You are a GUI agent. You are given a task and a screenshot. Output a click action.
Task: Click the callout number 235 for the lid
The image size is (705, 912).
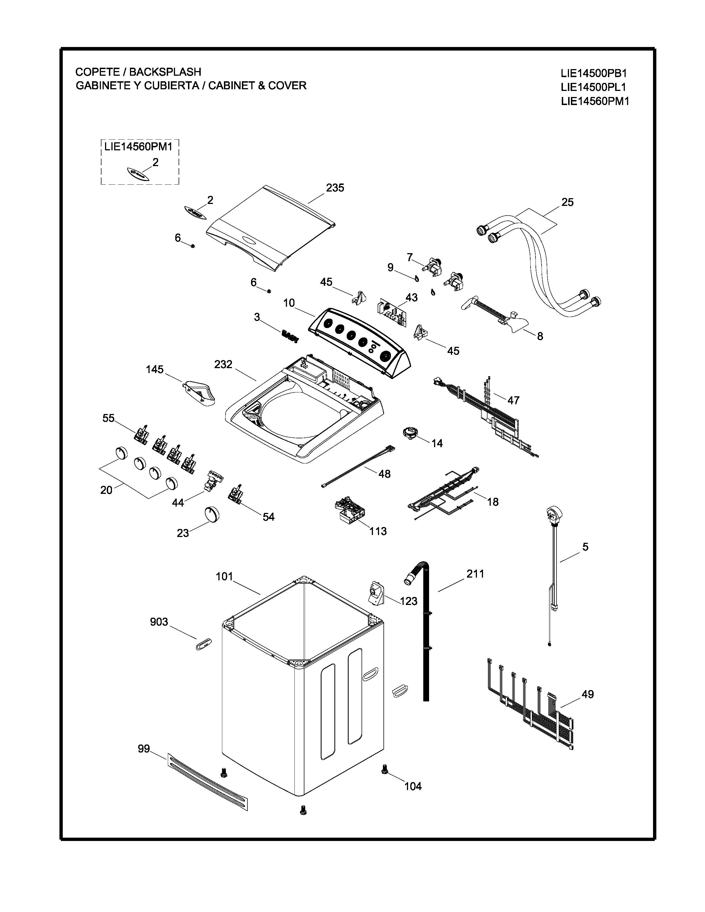pyautogui.click(x=335, y=188)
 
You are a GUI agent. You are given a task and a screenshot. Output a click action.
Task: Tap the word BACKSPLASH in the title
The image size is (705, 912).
pyautogui.click(x=165, y=72)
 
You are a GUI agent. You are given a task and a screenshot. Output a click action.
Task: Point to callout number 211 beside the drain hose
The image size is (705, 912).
pyautogui.click(x=475, y=574)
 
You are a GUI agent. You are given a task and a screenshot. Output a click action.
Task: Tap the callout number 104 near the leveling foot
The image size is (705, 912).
pyautogui.click(x=413, y=786)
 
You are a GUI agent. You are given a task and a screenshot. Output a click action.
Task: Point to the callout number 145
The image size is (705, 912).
pyautogui.click(x=155, y=369)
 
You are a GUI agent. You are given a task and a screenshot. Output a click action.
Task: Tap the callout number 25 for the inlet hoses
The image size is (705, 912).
pyautogui.click(x=567, y=202)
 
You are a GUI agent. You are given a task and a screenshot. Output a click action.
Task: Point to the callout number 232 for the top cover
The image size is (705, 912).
pyautogui.click(x=223, y=364)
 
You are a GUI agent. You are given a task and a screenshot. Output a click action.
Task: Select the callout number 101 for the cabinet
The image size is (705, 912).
pyautogui.click(x=224, y=577)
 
